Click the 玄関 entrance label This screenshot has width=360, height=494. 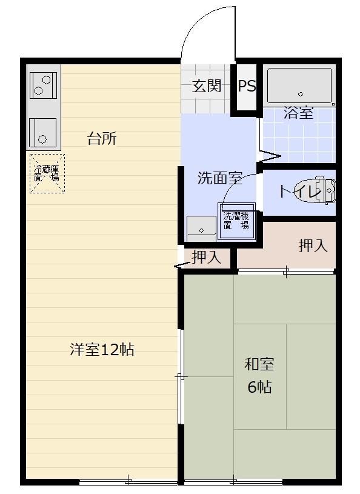[x=207, y=86]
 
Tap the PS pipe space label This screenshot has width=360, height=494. [x=247, y=86]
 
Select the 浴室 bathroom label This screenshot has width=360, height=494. [x=299, y=113]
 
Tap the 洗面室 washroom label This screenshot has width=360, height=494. [x=220, y=178]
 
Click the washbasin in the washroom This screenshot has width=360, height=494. [x=201, y=226]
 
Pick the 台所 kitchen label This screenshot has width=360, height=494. [x=102, y=139]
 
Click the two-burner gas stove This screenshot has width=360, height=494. [x=42, y=85]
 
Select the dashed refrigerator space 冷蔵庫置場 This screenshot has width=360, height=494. [x=47, y=173]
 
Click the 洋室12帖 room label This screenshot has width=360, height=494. [x=102, y=350]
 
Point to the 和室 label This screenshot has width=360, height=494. [x=259, y=364]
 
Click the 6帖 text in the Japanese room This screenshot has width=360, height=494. [x=259, y=387]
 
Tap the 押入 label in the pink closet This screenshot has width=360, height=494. [x=313, y=245]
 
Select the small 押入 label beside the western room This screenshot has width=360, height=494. [x=206, y=258]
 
